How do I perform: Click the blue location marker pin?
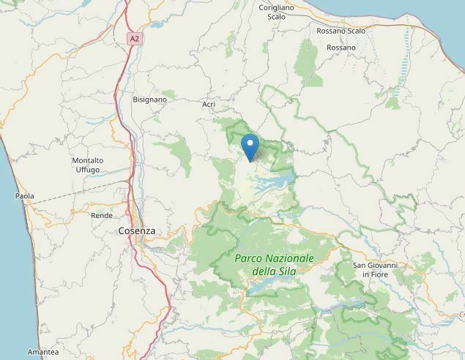[250, 146]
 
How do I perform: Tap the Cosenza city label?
[136, 230]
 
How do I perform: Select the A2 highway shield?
[133, 37]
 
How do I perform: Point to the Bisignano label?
[149, 99]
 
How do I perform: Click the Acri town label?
[209, 105]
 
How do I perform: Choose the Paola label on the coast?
[25, 196]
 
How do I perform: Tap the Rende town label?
[101, 216]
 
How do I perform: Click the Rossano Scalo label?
[341, 31]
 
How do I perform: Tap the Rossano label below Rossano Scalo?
[341, 48]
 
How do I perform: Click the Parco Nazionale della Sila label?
[274, 264]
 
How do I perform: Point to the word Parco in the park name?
[250, 258]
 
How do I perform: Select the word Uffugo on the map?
[88, 170]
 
